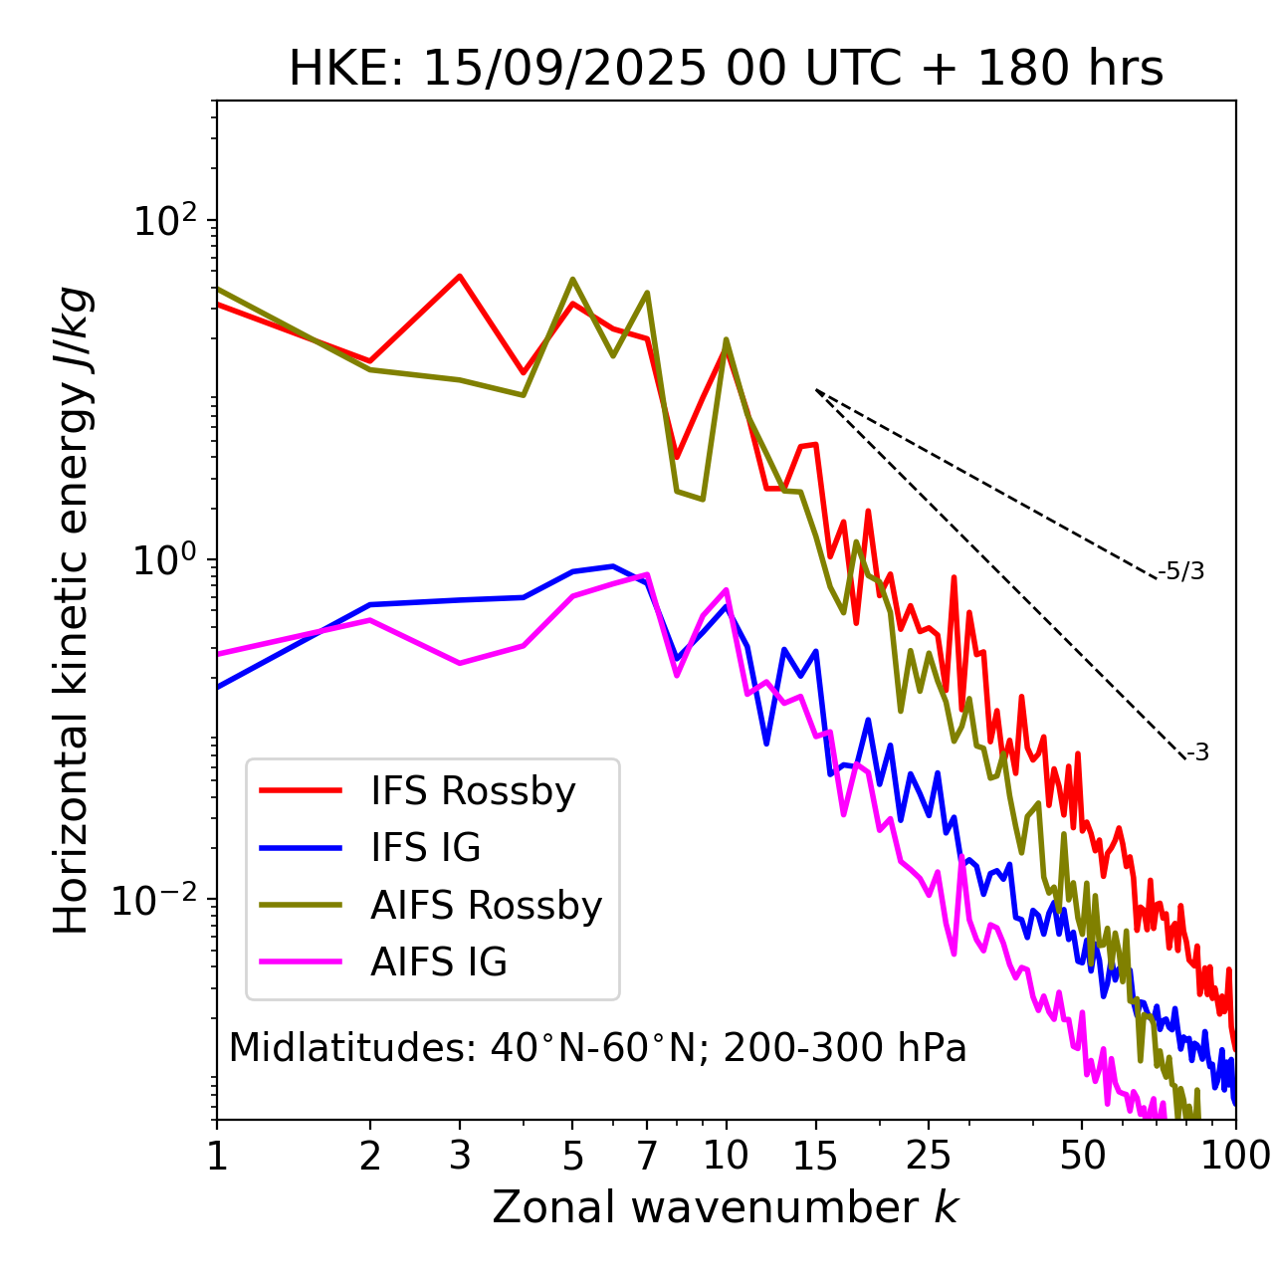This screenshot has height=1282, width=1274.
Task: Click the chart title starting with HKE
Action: (x=726, y=70)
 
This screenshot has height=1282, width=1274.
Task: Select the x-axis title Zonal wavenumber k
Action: (x=726, y=1207)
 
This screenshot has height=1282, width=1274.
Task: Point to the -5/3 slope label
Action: (x=1181, y=571)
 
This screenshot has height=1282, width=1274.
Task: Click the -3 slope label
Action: (x=1197, y=752)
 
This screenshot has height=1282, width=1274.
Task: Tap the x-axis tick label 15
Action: (x=815, y=1156)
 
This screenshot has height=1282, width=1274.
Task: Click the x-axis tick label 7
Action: (x=647, y=1156)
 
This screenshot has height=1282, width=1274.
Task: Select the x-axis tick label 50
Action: (x=1082, y=1156)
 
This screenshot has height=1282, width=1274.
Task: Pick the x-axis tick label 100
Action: (x=1235, y=1156)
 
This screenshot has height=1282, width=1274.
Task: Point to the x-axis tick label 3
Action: (x=460, y=1156)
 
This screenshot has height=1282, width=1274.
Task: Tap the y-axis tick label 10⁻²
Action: (x=159, y=900)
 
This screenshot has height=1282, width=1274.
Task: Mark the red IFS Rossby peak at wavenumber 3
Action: (x=460, y=276)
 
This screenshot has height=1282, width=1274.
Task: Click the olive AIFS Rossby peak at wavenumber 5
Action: (x=572, y=279)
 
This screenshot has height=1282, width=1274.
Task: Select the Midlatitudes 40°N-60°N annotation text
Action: (x=597, y=1048)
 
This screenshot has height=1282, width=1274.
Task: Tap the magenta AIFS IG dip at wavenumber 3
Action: (x=460, y=663)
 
